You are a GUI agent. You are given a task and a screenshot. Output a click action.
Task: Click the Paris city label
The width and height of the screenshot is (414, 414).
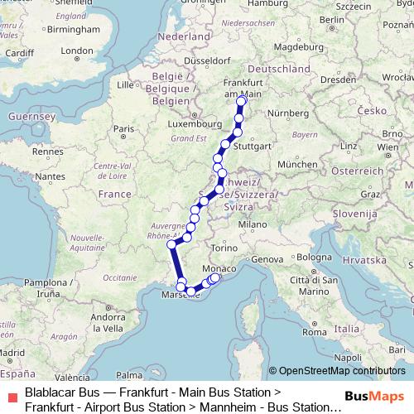click(123, 128)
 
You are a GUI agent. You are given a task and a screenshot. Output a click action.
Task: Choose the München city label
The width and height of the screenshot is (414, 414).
click(297, 165)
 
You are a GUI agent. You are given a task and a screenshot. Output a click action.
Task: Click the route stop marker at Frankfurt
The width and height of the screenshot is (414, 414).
click(242, 102)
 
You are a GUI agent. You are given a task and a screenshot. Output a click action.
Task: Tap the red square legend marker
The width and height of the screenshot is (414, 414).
click(10, 396)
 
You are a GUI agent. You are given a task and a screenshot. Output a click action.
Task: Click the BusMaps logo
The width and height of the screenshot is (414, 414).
click(380, 396)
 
